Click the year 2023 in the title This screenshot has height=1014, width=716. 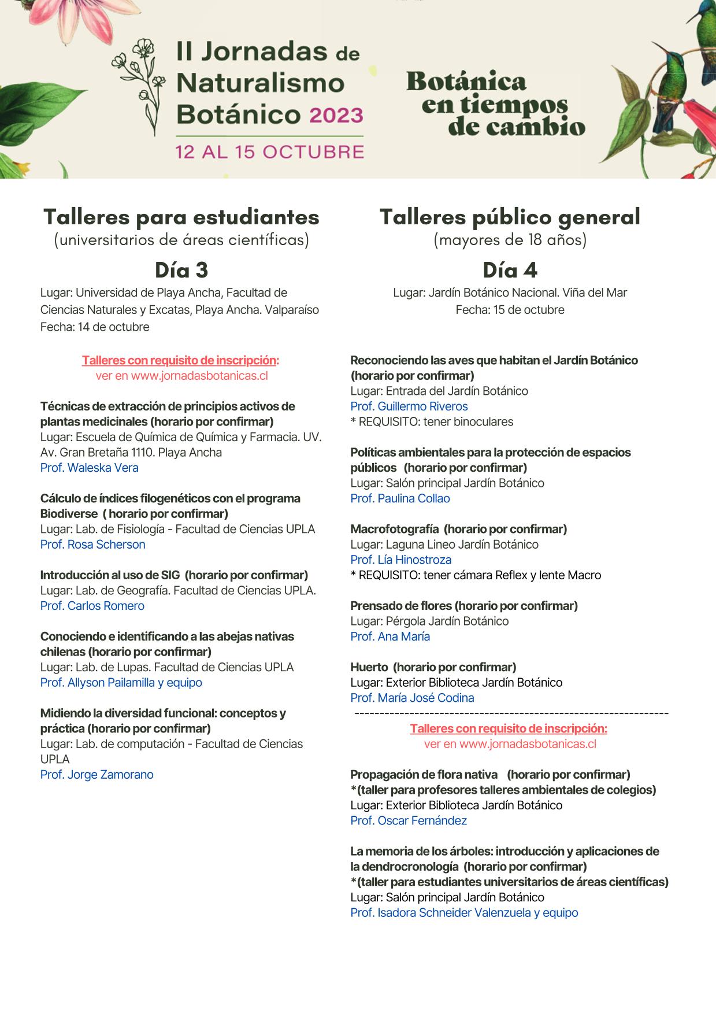click(336, 114)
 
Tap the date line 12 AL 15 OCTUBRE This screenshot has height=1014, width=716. click(270, 152)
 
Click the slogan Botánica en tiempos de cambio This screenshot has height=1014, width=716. click(495, 103)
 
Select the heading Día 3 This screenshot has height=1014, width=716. click(181, 270)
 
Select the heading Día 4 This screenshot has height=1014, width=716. click(510, 270)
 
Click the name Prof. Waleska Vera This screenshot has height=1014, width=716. click(90, 468)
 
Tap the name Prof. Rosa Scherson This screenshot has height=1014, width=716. click(93, 545)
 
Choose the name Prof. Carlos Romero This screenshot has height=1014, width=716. click(92, 606)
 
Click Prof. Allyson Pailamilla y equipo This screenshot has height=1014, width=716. click(121, 683)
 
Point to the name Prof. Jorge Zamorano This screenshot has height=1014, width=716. click(97, 775)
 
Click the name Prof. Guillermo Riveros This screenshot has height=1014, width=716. click(409, 406)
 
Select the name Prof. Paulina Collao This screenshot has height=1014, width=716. click(400, 498)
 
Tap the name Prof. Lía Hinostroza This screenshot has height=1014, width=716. click(401, 560)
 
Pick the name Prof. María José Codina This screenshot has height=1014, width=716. click(412, 698)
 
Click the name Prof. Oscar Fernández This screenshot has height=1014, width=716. click(409, 821)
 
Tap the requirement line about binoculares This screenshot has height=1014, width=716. click(432, 422)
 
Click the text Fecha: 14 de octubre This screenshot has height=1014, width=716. click(95, 327)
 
